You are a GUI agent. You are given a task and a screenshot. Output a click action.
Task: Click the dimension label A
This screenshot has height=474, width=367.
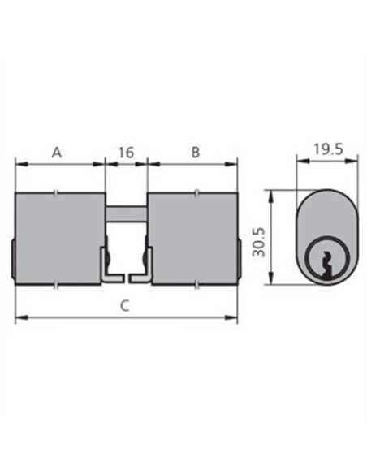pyautogui.click(x=57, y=153)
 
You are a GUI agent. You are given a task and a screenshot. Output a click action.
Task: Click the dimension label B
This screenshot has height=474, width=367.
pyautogui.click(x=196, y=153)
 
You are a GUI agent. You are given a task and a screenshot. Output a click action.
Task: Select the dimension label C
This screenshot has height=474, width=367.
pyautogui.click(x=124, y=306)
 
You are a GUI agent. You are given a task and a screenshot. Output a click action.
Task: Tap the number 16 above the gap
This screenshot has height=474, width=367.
pyautogui.click(x=126, y=153)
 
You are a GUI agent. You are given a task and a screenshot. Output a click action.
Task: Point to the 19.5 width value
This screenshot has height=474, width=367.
pyautogui.click(x=328, y=149)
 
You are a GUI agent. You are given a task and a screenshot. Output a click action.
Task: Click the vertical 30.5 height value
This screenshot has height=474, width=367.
pyautogui.click(x=259, y=242)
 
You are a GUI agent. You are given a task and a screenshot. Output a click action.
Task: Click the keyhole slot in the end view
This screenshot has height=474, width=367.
pyautogui.click(x=326, y=265)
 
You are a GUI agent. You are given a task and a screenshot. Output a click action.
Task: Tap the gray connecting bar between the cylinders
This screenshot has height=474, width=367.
pyautogui.click(x=127, y=213)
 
